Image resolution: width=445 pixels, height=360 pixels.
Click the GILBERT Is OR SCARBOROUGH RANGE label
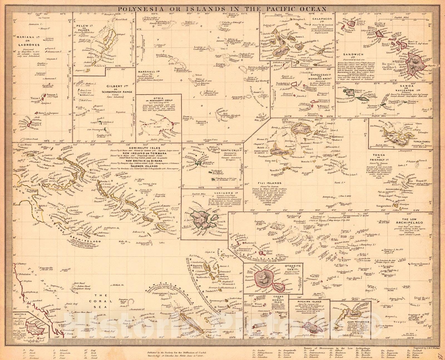click(x=117, y=89)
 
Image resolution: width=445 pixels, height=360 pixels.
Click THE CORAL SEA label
click(x=103, y=297)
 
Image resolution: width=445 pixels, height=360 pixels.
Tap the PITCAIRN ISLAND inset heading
click(x=309, y=301)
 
